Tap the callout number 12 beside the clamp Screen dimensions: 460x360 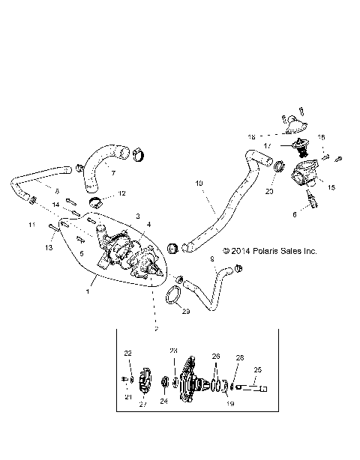[x=122, y=194]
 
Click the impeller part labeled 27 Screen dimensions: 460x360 [x=145, y=383]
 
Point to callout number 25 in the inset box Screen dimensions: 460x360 [x=259, y=369]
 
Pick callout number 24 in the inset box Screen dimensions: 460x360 [x=164, y=402]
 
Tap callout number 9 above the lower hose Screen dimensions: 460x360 [x=211, y=258]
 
